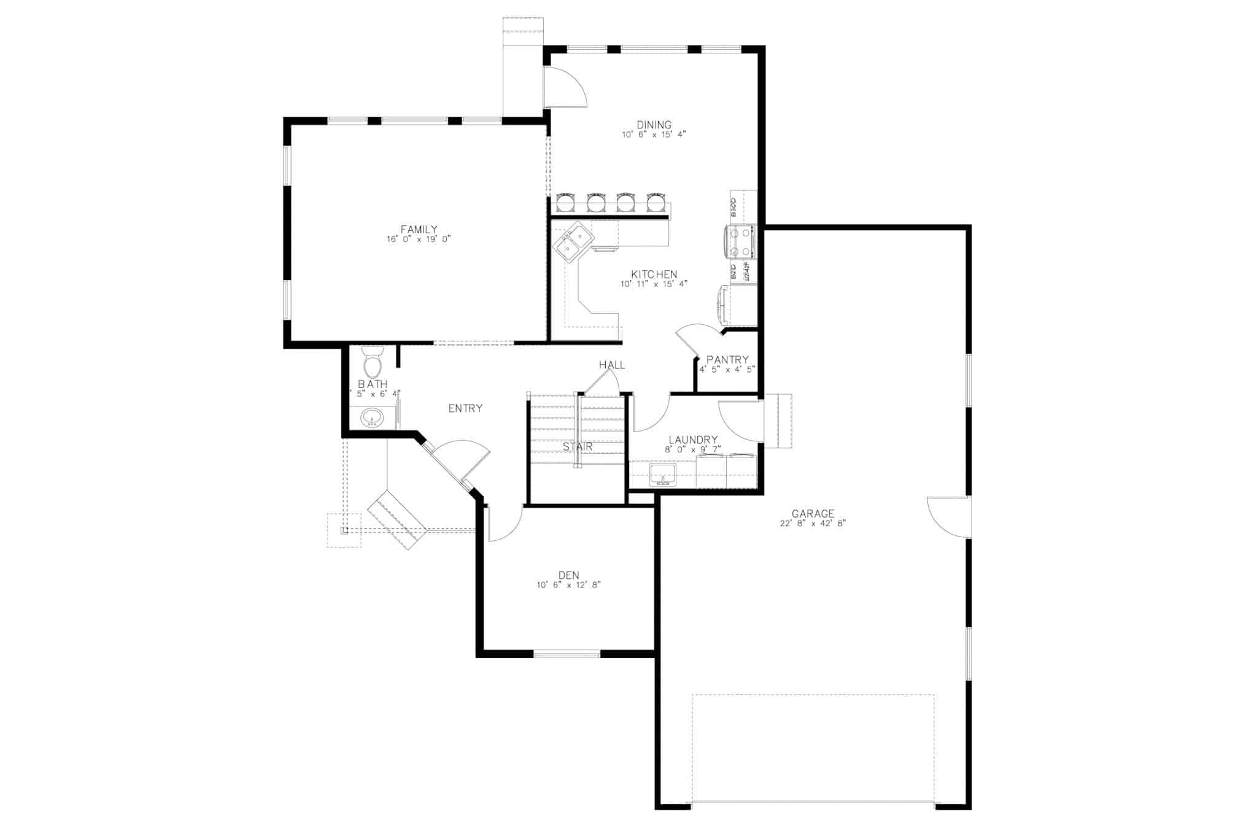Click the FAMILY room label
419,229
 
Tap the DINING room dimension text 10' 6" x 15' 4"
654,134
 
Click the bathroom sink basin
371,419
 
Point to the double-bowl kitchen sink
571,243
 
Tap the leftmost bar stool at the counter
565,202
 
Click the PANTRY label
727,360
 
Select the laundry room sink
663,475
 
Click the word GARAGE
813,513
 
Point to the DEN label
568,575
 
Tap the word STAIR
578,447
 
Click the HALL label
612,365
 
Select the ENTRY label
465,408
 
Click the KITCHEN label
654,274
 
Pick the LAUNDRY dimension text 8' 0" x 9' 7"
692,449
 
